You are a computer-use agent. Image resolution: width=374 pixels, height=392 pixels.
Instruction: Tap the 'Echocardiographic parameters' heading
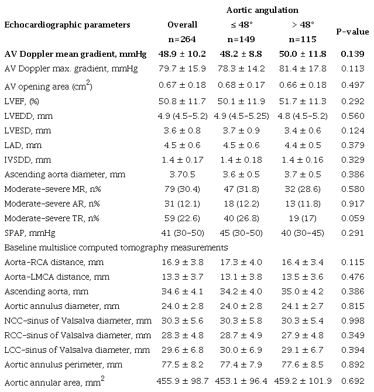pyautogui.click(x=67, y=25)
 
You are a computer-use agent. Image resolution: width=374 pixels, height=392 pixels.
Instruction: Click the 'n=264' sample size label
pyautogui.click(x=182, y=39)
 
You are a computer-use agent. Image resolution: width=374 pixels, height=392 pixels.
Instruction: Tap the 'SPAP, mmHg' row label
pyautogui.click(x=33, y=233)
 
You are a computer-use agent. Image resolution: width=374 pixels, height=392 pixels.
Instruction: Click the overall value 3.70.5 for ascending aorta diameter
pyautogui.click(x=182, y=175)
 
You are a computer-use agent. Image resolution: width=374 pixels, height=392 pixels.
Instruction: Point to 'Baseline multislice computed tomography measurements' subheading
pyautogui.click(x=116, y=247)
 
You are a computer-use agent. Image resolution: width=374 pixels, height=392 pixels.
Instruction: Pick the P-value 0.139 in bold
pyautogui.click(x=352, y=53)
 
